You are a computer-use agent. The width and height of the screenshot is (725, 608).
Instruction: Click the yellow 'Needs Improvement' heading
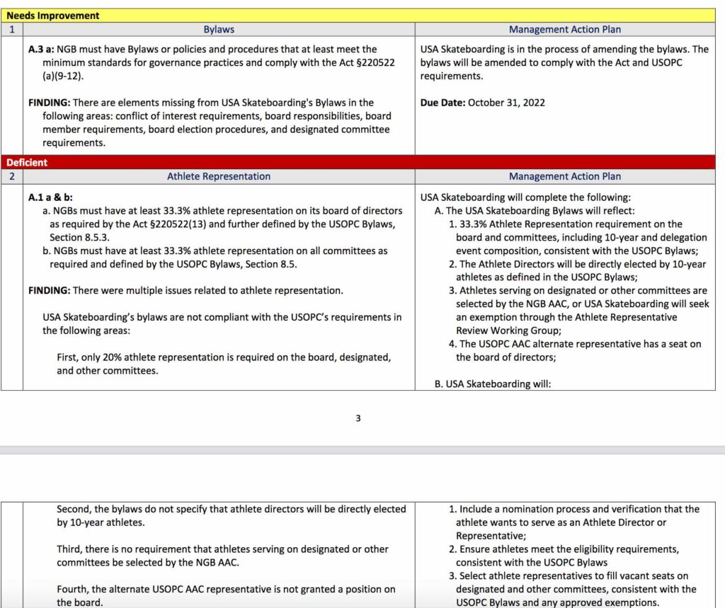click(53, 15)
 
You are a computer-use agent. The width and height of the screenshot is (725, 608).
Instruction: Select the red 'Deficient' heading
click(28, 162)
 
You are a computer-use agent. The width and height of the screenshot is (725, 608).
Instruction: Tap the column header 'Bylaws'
click(219, 30)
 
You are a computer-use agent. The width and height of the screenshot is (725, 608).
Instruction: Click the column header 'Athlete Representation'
click(219, 176)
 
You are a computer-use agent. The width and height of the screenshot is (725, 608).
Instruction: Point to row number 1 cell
click(11, 30)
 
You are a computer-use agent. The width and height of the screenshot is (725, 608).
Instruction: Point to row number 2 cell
click(11, 176)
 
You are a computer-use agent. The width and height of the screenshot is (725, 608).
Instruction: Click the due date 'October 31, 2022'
click(506, 103)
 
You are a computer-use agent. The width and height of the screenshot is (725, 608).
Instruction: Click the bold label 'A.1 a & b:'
click(50, 197)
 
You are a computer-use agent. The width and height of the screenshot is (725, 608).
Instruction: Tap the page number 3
click(358, 418)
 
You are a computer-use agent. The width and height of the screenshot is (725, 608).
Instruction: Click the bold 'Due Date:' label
click(443, 103)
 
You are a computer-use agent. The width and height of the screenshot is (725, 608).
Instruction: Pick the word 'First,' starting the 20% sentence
click(70, 357)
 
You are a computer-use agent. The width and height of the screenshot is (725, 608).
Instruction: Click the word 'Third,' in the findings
click(71, 549)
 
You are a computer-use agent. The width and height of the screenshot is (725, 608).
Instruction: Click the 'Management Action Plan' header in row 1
click(565, 30)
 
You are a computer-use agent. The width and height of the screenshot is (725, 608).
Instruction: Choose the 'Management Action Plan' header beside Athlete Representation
click(565, 176)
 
